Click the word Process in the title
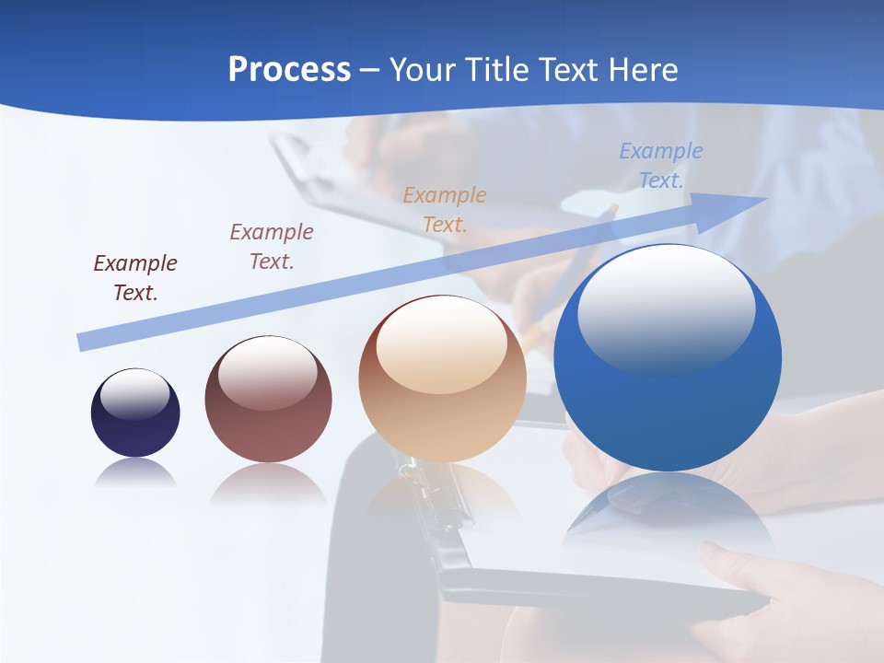click(x=289, y=70)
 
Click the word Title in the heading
click(x=498, y=70)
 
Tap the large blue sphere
click(x=667, y=405)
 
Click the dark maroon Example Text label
click(x=135, y=278)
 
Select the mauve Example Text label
click(x=272, y=247)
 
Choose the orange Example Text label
click(x=445, y=210)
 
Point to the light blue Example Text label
click(x=660, y=166)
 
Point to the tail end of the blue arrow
click(x=85, y=343)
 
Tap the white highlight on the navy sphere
click(x=134, y=394)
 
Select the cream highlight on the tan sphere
click(x=441, y=345)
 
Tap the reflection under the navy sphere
click(x=135, y=471)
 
